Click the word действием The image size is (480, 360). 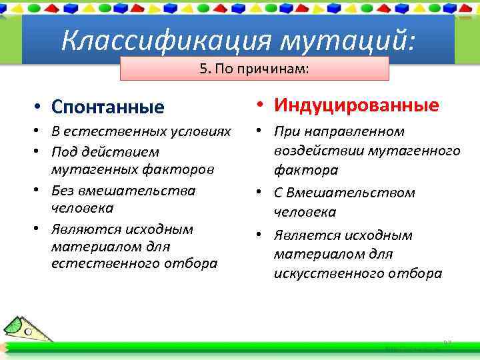click(x=127, y=151)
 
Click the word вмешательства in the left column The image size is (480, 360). click(x=138, y=190)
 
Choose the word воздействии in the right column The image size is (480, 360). click(x=313, y=151)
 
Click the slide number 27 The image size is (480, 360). click(x=447, y=343)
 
